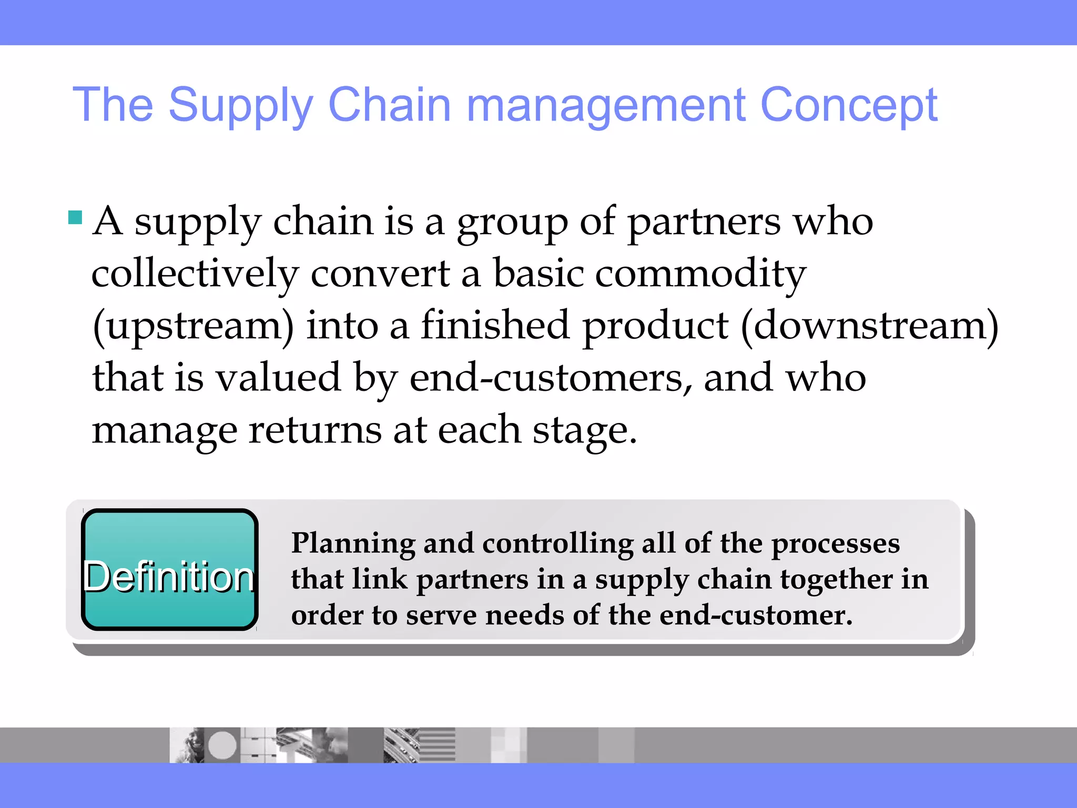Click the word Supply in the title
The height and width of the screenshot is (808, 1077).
click(x=240, y=105)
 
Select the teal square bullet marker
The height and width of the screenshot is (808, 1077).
click(x=75, y=217)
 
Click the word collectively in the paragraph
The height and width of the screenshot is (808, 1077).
click(x=195, y=274)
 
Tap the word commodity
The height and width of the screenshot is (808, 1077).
click(x=700, y=274)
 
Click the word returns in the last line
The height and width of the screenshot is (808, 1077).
click(x=314, y=430)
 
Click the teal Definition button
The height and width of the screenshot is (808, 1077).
click(x=169, y=570)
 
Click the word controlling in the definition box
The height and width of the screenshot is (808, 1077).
click(x=557, y=544)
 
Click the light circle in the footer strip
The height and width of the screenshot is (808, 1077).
click(x=222, y=745)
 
